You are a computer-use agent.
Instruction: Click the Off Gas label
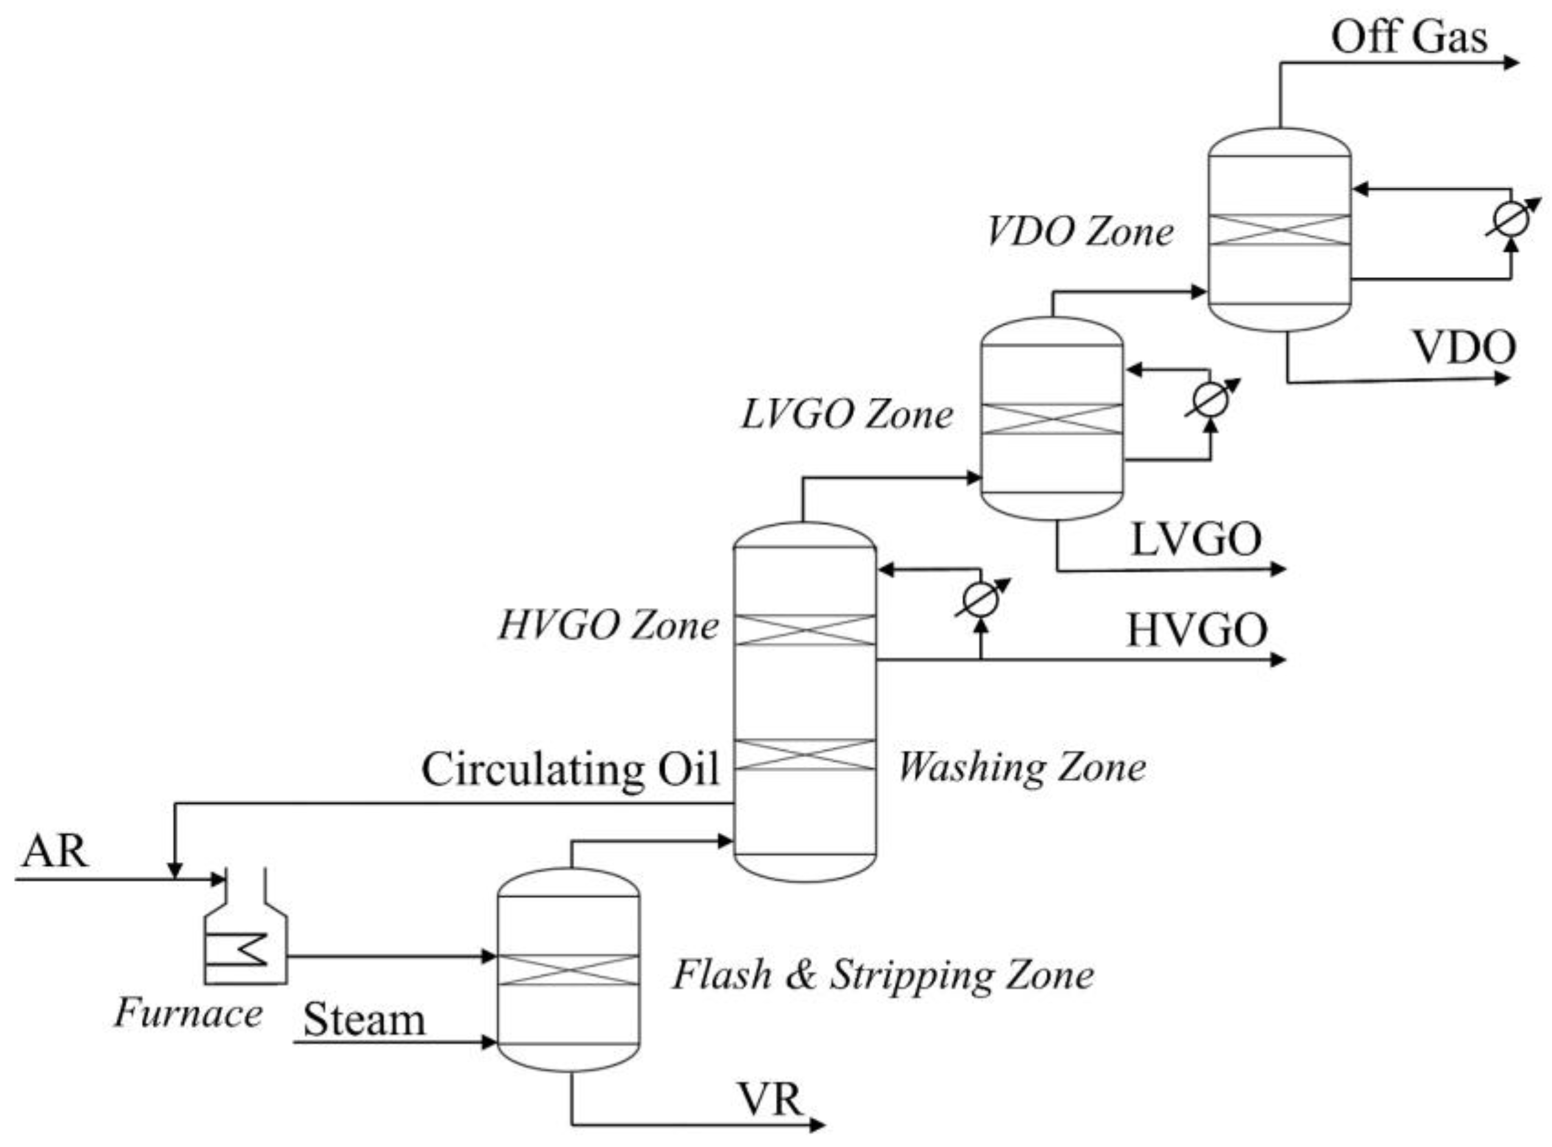point(1409,38)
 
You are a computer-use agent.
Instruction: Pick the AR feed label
point(54,851)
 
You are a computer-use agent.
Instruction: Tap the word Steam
point(364,1020)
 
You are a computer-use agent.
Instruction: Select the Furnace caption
point(188,1013)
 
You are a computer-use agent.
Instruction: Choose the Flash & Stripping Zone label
point(883,975)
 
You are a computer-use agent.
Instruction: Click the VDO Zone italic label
point(1079,232)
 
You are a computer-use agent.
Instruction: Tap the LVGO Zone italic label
point(847,415)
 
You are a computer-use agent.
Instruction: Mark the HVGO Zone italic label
point(608,626)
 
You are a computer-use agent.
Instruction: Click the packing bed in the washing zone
point(805,755)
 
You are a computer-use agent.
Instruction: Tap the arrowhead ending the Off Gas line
point(1511,63)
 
